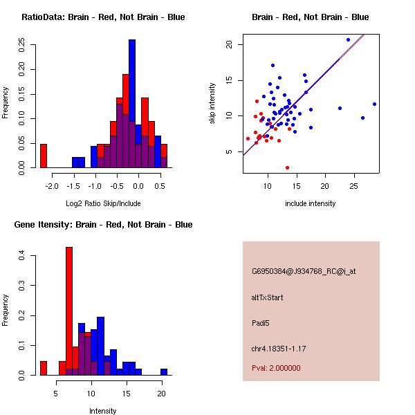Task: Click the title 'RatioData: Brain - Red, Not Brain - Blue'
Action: pyautogui.click(x=103, y=17)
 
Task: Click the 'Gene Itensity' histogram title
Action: pyautogui.click(x=103, y=225)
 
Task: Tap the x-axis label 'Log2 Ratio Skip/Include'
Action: pyautogui.click(x=103, y=203)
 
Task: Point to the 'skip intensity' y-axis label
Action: pyautogui.click(x=212, y=104)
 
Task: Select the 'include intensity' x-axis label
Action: pyautogui.click(x=310, y=203)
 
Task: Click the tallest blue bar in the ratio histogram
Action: pyautogui.click(x=132, y=104)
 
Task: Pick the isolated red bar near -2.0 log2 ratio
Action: pyautogui.click(x=44, y=156)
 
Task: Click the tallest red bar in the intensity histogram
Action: pyautogui.click(x=69, y=311)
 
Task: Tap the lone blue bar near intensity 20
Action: pyautogui.click(x=164, y=371)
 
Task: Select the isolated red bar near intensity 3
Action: pyautogui.click(x=44, y=368)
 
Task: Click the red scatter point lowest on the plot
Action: pyautogui.click(x=287, y=167)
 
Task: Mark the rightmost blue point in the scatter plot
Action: pyautogui.click(x=374, y=104)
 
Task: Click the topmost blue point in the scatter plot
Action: pyautogui.click(x=348, y=39)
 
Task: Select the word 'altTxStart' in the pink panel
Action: pyautogui.click(x=268, y=297)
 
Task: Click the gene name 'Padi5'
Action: pyautogui.click(x=261, y=322)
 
